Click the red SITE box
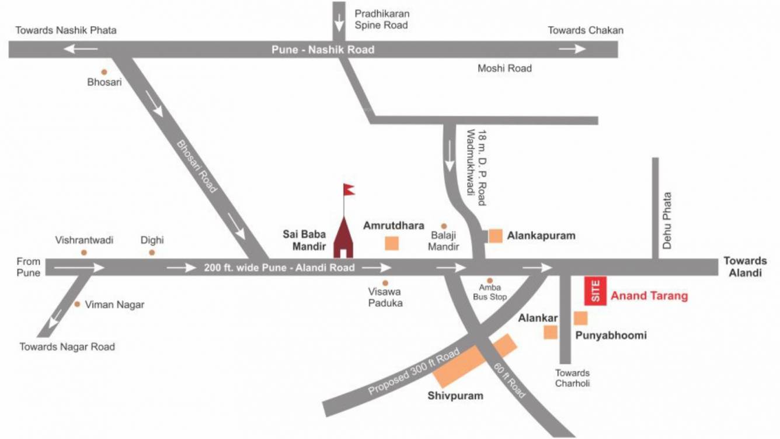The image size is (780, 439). [x=596, y=291]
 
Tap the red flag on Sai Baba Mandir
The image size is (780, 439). [x=349, y=189]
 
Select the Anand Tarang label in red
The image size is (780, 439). [x=649, y=296]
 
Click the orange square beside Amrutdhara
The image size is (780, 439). [x=392, y=243]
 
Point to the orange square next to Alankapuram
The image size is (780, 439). [x=496, y=236]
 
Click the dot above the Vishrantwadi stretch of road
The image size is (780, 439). [x=84, y=253]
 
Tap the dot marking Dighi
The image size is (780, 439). [x=152, y=253]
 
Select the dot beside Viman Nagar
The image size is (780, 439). [x=77, y=304]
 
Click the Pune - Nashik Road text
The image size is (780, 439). [x=323, y=50]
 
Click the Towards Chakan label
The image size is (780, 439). [x=586, y=30]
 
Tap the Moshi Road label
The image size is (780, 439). [x=504, y=68]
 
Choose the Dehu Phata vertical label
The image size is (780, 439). [x=667, y=221]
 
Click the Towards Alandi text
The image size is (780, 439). [x=745, y=267]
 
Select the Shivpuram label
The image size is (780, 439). [x=455, y=396]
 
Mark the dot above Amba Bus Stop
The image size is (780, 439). [x=490, y=281]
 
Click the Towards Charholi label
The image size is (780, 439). [x=572, y=378]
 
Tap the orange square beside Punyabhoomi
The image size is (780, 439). [x=580, y=319]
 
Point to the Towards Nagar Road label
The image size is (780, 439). [x=67, y=347]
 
